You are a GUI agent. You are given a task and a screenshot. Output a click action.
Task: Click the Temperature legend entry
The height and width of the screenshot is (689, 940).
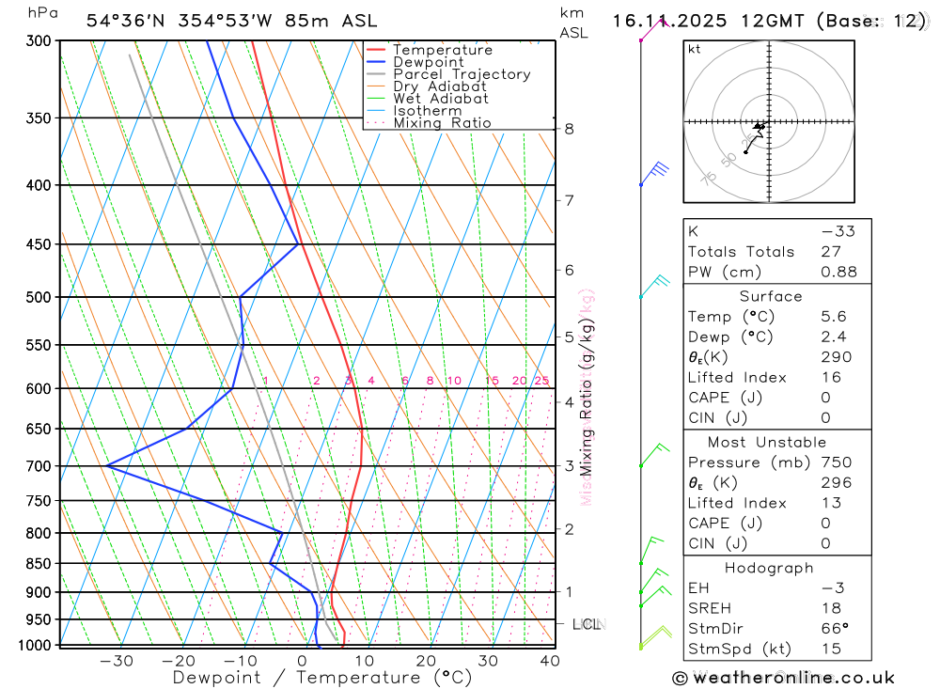click(442, 50)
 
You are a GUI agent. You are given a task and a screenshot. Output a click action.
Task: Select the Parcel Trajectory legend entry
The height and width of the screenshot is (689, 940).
click(461, 74)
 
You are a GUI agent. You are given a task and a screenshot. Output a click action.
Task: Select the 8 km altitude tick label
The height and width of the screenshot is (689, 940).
click(570, 129)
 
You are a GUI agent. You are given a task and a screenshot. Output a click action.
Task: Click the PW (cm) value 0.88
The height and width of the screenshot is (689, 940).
click(838, 272)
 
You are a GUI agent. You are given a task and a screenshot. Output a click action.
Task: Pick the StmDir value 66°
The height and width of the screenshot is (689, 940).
click(834, 629)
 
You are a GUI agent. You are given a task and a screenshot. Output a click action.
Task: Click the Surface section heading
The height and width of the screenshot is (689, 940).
click(771, 296)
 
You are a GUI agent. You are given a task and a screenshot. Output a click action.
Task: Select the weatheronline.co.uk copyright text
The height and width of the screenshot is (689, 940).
click(783, 678)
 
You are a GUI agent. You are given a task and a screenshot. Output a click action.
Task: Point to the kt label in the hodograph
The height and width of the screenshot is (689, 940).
click(695, 49)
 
